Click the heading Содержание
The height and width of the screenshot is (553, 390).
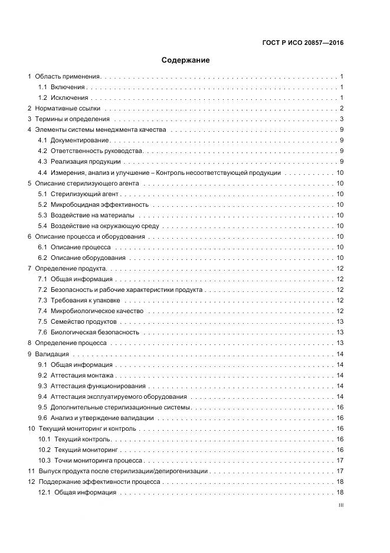(x=186, y=60)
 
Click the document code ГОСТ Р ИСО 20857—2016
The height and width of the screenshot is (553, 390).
(x=302, y=43)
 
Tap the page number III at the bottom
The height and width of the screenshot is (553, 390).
(x=340, y=505)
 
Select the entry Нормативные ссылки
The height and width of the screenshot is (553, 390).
(x=67, y=108)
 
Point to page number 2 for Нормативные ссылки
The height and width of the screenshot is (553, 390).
(x=342, y=108)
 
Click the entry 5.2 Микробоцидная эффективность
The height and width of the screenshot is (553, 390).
(x=93, y=204)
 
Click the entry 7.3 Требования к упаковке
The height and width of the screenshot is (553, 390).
(x=83, y=300)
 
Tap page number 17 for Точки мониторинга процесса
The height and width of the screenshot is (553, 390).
(x=340, y=460)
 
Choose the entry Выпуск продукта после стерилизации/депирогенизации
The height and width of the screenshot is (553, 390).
(x=122, y=471)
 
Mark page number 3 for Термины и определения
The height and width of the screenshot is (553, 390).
(x=342, y=119)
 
